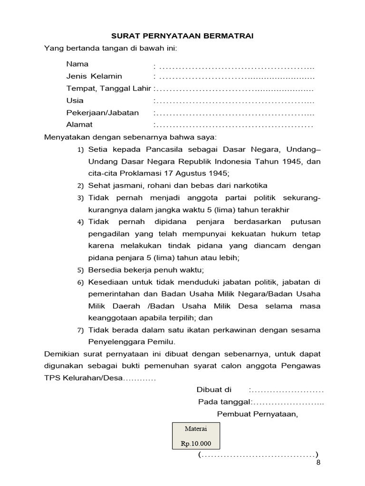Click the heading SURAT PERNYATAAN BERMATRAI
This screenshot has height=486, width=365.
(x=182, y=36)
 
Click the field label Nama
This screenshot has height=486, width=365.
(x=77, y=64)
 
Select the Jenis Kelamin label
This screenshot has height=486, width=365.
(x=94, y=76)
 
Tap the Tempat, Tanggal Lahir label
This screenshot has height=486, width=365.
(x=109, y=88)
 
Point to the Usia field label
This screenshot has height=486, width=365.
(x=75, y=101)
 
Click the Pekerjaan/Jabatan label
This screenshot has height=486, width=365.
(x=103, y=113)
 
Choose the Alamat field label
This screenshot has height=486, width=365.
(x=79, y=125)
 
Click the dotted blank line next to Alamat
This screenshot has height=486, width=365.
(x=234, y=125)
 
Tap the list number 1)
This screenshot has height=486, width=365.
(x=80, y=150)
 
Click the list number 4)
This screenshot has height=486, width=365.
(x=80, y=222)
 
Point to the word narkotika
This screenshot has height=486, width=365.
(x=250, y=185)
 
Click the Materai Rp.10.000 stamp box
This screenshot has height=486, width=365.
(x=195, y=436)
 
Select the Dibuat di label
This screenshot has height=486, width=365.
(x=214, y=390)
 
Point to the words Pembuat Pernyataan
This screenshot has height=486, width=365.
(x=257, y=414)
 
